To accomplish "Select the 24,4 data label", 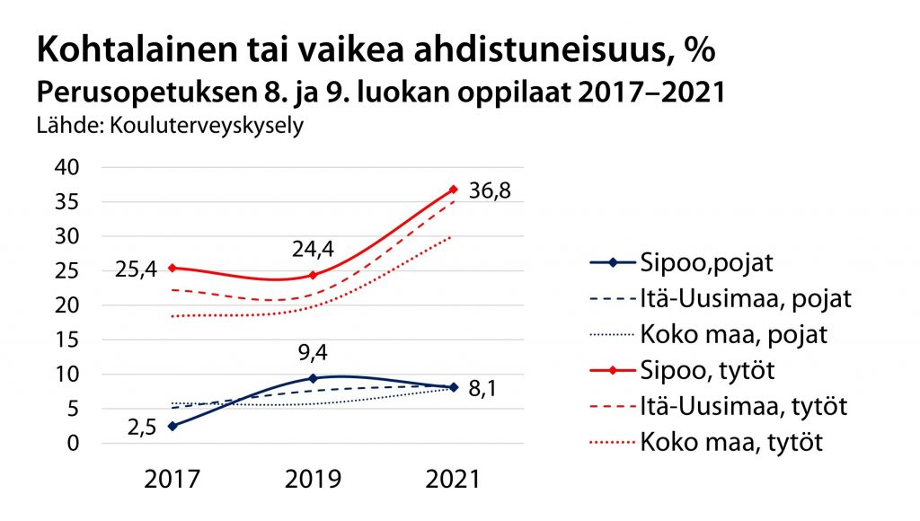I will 314,247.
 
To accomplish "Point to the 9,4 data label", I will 314,351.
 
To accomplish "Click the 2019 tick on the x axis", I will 314,480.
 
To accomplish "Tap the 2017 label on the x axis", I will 172,480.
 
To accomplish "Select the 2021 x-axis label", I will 453,480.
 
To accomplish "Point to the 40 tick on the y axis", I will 69,168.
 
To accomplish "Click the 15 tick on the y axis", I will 69,340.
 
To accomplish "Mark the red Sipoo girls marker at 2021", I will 454,190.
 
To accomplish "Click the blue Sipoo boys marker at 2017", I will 172,426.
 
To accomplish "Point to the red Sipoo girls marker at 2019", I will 314,275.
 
